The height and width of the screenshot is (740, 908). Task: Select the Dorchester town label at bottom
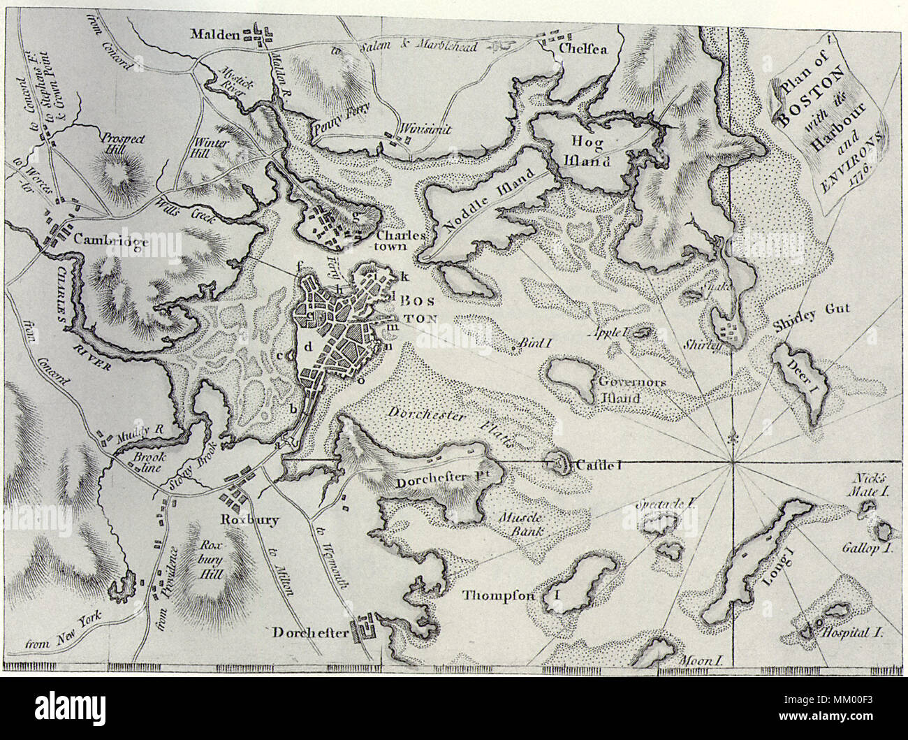coord(309,632)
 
